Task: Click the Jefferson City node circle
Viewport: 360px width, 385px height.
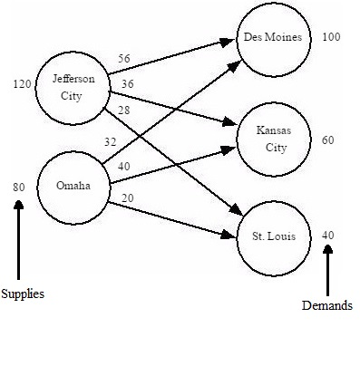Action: click(x=73, y=87)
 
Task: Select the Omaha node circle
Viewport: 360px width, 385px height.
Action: click(x=73, y=187)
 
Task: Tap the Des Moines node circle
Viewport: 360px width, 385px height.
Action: click(x=272, y=38)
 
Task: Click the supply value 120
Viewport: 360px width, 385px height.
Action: click(x=22, y=84)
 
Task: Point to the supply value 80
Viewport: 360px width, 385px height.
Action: click(x=18, y=187)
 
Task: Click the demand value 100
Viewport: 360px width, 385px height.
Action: click(x=331, y=37)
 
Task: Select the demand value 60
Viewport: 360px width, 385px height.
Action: click(x=327, y=140)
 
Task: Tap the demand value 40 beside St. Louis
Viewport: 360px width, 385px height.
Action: click(x=327, y=235)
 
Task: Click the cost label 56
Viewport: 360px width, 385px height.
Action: click(x=124, y=58)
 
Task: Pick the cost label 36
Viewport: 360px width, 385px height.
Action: click(x=128, y=84)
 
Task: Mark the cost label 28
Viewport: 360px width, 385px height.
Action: click(x=124, y=110)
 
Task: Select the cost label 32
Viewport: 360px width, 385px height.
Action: click(x=111, y=141)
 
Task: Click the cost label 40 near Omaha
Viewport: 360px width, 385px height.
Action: click(x=124, y=166)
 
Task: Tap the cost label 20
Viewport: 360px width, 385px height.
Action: click(x=128, y=198)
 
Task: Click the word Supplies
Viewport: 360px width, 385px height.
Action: click(x=22, y=294)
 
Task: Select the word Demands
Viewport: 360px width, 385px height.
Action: click(x=326, y=306)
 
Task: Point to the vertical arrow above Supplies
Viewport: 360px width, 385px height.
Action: click(x=18, y=240)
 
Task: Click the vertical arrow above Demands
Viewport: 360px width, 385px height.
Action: click(x=327, y=267)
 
